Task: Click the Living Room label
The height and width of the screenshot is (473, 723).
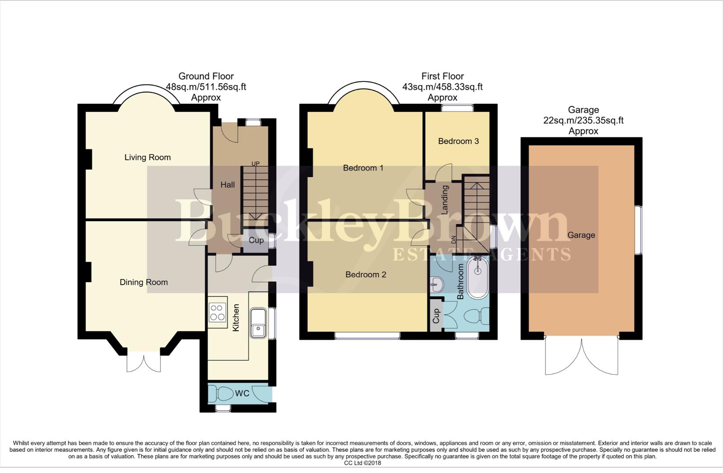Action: pos(147,157)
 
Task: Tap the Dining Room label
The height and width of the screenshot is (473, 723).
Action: pos(144,282)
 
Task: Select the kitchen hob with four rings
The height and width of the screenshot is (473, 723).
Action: pos(217,312)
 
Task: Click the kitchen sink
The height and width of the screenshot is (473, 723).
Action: pos(258,324)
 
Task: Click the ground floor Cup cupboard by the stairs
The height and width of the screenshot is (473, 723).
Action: pos(256,240)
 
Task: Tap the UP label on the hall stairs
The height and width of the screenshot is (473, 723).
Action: pos(255,164)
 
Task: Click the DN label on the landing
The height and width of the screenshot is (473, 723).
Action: pos(454,240)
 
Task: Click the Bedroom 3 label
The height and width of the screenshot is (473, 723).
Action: pos(458,141)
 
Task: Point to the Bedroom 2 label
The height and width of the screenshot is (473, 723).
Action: pos(366,275)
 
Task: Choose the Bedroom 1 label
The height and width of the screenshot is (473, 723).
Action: pos(363,168)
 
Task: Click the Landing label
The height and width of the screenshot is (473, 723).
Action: pos(445,200)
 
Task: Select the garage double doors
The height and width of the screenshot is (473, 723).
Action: pos(581,357)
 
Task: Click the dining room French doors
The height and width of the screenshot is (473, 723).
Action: pos(143,362)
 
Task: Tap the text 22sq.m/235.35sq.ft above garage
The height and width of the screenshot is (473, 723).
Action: pos(583,120)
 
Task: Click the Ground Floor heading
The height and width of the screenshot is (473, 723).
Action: pos(206,76)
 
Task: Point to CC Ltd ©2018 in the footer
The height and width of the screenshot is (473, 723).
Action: pos(362,463)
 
